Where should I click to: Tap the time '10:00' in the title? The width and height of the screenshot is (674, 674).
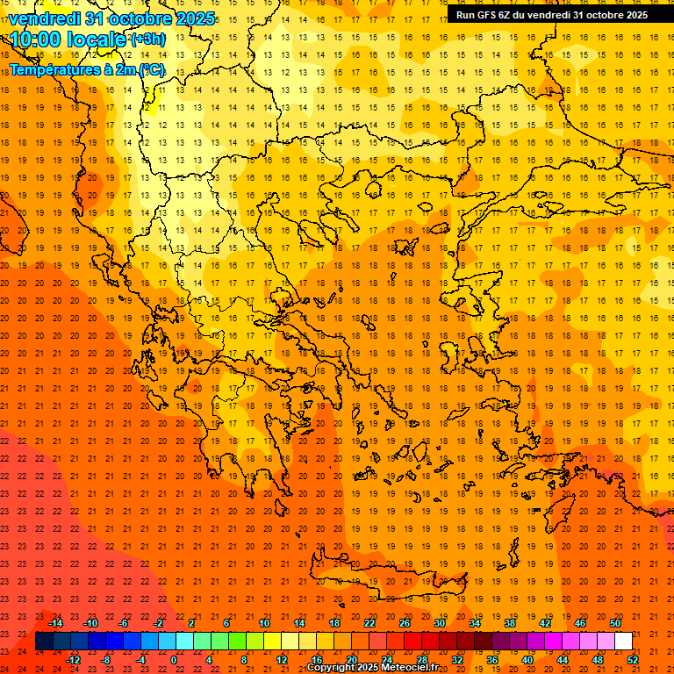tap(42, 39)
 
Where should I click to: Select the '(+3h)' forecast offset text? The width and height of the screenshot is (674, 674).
tap(147, 39)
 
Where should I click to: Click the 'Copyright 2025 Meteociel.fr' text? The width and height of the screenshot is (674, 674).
tap(372, 668)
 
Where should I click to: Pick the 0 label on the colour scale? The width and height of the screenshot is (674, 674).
tap(174, 660)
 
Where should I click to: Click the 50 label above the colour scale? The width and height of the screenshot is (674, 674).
tap(614, 623)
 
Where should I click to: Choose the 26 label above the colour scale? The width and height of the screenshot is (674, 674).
tap(405, 623)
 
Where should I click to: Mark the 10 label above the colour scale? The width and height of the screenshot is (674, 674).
tap(264, 623)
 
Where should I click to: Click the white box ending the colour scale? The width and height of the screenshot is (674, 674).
tap(623, 642)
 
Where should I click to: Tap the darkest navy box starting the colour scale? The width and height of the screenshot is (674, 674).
tap(44, 642)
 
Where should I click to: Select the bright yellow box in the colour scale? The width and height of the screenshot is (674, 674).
tap(272, 642)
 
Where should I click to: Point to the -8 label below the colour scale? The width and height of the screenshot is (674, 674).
tap(106, 660)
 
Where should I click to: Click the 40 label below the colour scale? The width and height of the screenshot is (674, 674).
tap(527, 660)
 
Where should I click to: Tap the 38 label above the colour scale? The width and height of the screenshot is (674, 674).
tap(510, 623)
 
